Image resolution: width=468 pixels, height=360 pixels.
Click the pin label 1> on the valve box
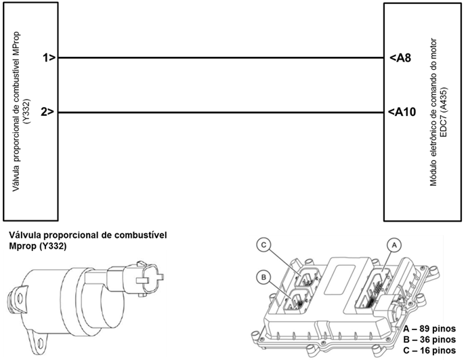[49, 58]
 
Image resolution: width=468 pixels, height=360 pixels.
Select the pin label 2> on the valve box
[48, 112]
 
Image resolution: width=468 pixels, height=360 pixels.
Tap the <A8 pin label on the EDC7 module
[400, 58]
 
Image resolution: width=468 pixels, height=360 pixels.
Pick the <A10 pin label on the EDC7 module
[402, 112]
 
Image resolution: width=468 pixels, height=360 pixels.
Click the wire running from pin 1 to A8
[221, 58]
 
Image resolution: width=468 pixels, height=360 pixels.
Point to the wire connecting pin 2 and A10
[221, 113]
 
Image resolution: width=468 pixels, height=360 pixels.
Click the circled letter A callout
[394, 245]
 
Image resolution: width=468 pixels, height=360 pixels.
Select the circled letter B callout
[263, 277]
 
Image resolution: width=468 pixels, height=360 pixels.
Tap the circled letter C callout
[263, 245]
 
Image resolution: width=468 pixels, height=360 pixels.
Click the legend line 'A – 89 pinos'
[429, 329]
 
